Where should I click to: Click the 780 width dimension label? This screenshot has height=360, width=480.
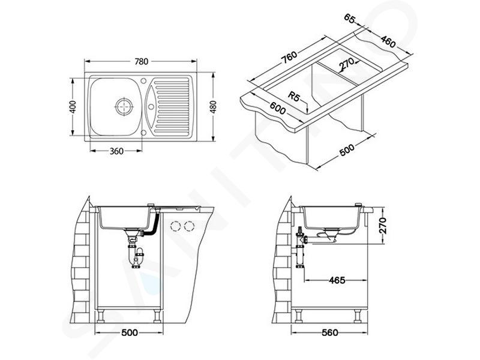click(141, 62)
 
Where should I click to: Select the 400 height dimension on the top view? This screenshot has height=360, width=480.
click(73, 107)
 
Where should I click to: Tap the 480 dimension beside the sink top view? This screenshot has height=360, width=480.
click(213, 107)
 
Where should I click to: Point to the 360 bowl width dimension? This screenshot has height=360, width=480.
click(116, 151)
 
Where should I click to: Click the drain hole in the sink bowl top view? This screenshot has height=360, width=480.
click(124, 106)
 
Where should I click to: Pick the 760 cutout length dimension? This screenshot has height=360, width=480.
click(289, 57)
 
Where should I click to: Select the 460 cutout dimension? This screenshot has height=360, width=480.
click(388, 41)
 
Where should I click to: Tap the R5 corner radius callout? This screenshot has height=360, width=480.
click(293, 97)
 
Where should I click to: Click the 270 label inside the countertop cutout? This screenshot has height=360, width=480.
click(347, 64)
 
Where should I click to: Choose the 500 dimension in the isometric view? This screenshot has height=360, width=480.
click(347, 149)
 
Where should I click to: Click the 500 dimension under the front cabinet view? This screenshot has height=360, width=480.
click(130, 333)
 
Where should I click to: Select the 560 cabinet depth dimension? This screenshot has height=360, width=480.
click(329, 333)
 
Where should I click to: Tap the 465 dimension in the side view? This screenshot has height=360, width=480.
click(337, 280)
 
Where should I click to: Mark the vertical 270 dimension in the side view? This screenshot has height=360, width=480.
click(383, 226)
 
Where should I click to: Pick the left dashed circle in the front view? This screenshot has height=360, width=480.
click(176, 226)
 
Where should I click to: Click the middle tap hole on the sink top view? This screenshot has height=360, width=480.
click(151, 107)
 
